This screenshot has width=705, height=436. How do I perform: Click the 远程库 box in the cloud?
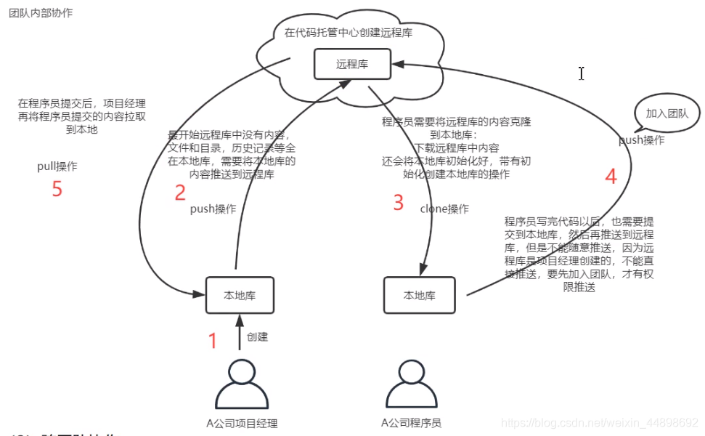coord(352,64)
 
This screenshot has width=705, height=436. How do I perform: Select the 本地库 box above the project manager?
coord(239,295)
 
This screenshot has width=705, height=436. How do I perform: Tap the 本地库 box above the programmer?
coord(419,296)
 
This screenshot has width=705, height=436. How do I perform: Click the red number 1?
coord(213,341)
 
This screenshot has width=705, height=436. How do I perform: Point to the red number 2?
coord(180,193)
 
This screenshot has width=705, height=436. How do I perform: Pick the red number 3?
coord(398,202)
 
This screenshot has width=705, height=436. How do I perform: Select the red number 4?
coord(611,177)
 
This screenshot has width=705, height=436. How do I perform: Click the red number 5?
coord(57,189)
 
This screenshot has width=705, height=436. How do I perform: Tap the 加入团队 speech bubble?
coord(667,114)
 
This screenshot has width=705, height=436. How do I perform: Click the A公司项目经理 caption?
coord(242,424)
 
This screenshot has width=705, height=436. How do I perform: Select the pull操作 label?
coord(57,166)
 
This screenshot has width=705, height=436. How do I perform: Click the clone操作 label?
coord(444,209)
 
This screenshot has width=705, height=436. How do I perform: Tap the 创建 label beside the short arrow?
coord(257,337)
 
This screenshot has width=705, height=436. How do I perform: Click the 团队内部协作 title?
coord(41,13)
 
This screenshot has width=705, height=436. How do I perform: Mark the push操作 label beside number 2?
coord(213,209)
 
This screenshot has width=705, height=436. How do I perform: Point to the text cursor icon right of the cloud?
coord(582,73)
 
